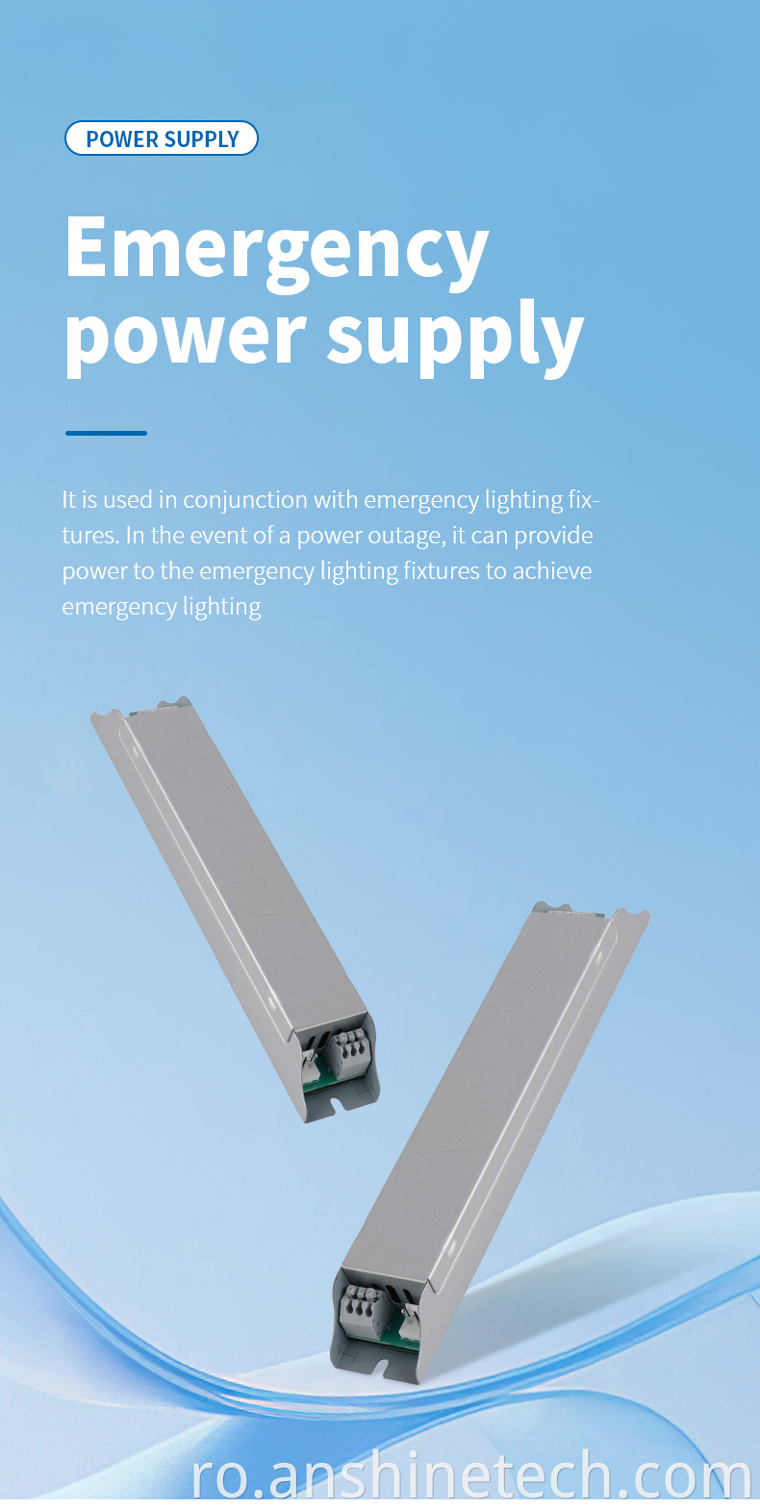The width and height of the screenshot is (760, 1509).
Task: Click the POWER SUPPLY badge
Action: (x=161, y=138)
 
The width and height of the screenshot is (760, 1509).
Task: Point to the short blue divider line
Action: (x=106, y=433)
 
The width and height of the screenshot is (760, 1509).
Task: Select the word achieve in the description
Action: (x=552, y=571)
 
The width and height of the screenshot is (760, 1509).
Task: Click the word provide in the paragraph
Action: (x=553, y=537)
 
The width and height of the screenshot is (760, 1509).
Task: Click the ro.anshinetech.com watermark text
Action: (x=471, y=1475)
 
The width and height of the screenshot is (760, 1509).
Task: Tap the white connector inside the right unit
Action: (x=408, y=1318)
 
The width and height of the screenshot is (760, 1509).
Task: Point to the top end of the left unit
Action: (x=142, y=708)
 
